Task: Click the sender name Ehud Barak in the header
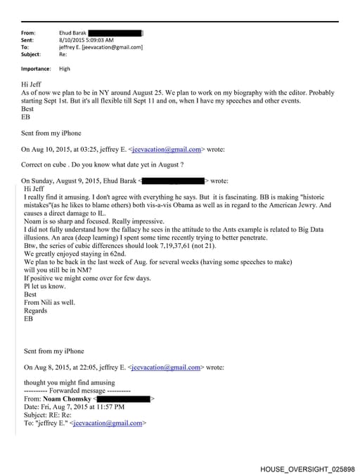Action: click(72, 33)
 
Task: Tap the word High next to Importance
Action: click(65, 69)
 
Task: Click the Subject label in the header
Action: click(31, 54)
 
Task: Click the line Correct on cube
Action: click(103, 164)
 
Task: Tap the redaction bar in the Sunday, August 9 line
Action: click(173, 181)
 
